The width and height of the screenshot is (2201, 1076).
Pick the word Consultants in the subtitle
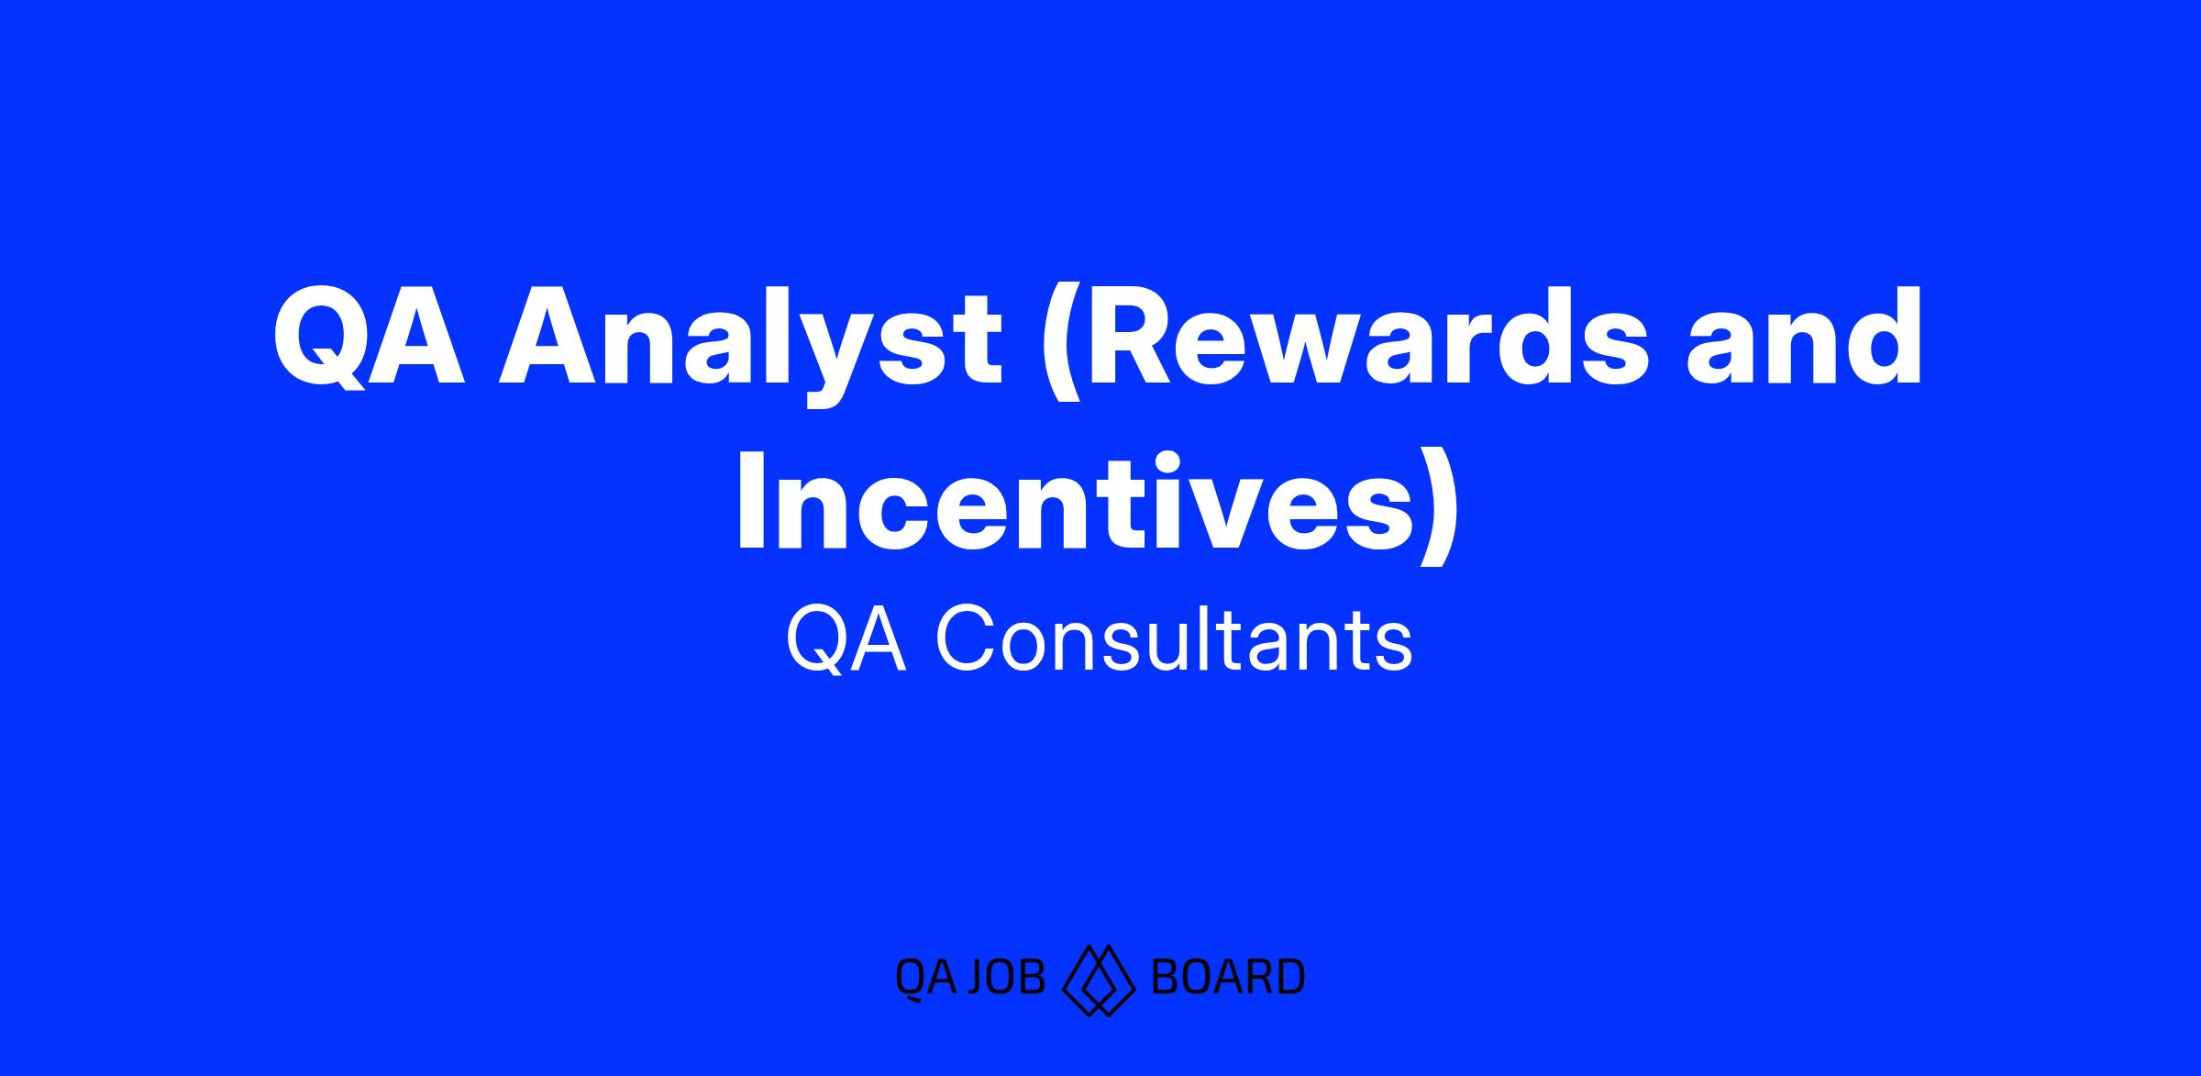(x=1174, y=640)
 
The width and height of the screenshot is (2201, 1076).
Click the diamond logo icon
(x=1099, y=980)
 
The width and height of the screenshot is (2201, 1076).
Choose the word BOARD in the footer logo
(x=1227, y=977)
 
